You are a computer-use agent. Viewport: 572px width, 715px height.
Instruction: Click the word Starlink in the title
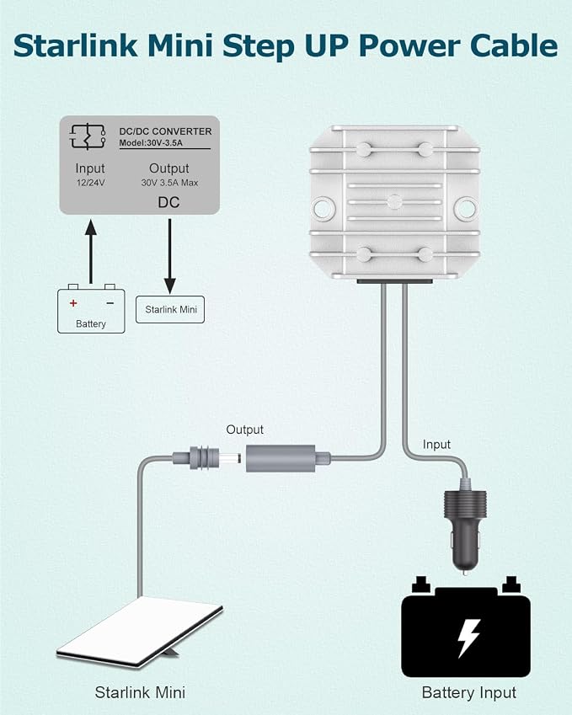(75, 45)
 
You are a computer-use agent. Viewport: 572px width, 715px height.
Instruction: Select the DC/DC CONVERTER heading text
(165, 131)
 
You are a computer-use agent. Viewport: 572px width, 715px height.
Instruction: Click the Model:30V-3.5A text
(151, 142)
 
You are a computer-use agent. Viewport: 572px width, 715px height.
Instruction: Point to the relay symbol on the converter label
(87, 136)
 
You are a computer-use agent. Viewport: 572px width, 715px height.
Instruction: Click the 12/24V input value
(90, 183)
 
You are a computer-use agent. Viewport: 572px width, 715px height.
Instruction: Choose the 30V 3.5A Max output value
(169, 183)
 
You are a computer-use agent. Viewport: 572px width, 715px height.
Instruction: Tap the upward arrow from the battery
(91, 252)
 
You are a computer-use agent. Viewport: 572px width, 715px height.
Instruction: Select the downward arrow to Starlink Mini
(170, 256)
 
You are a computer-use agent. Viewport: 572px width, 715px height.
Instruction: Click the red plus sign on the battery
(73, 303)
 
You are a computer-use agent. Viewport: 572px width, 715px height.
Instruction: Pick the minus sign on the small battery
(110, 303)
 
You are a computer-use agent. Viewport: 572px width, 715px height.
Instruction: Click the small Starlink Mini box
(170, 310)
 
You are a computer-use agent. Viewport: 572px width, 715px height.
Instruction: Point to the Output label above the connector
(245, 430)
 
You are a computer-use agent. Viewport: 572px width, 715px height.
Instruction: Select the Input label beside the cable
(436, 444)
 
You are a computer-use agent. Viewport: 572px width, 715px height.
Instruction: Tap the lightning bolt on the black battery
(468, 638)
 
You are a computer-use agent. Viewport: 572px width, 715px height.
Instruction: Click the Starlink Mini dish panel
(140, 631)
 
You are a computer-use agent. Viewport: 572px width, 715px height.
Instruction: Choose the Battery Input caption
(469, 692)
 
